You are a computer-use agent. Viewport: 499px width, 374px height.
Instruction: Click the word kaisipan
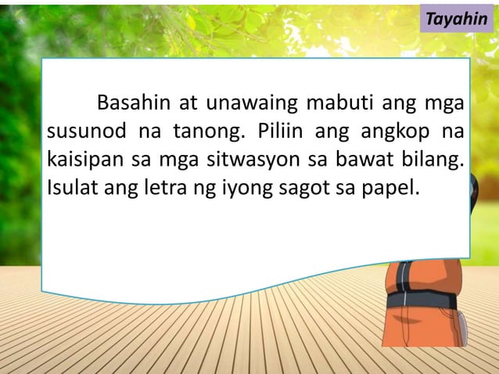coord(83,160)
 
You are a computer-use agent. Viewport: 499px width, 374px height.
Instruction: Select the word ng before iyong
coord(207,189)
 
